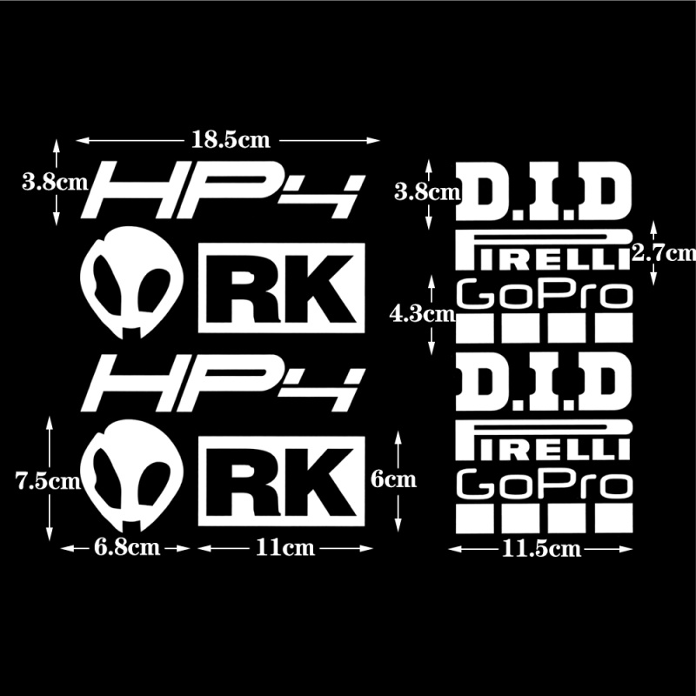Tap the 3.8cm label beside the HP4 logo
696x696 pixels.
coord(55,183)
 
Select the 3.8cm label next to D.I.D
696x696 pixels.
coord(426,191)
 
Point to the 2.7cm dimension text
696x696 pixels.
coord(664,252)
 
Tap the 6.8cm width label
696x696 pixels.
coord(126,547)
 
